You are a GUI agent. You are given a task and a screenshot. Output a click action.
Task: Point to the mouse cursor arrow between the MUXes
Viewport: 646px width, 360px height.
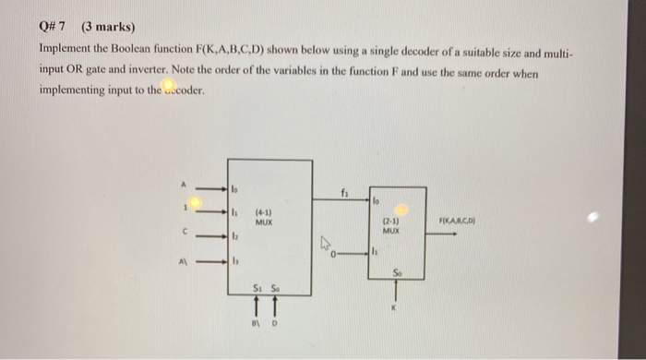tap(326, 246)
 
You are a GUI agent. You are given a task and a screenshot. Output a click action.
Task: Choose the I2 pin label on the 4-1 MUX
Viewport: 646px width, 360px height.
tap(235, 237)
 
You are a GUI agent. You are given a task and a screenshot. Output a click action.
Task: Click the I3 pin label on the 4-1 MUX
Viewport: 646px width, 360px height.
tap(235, 262)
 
